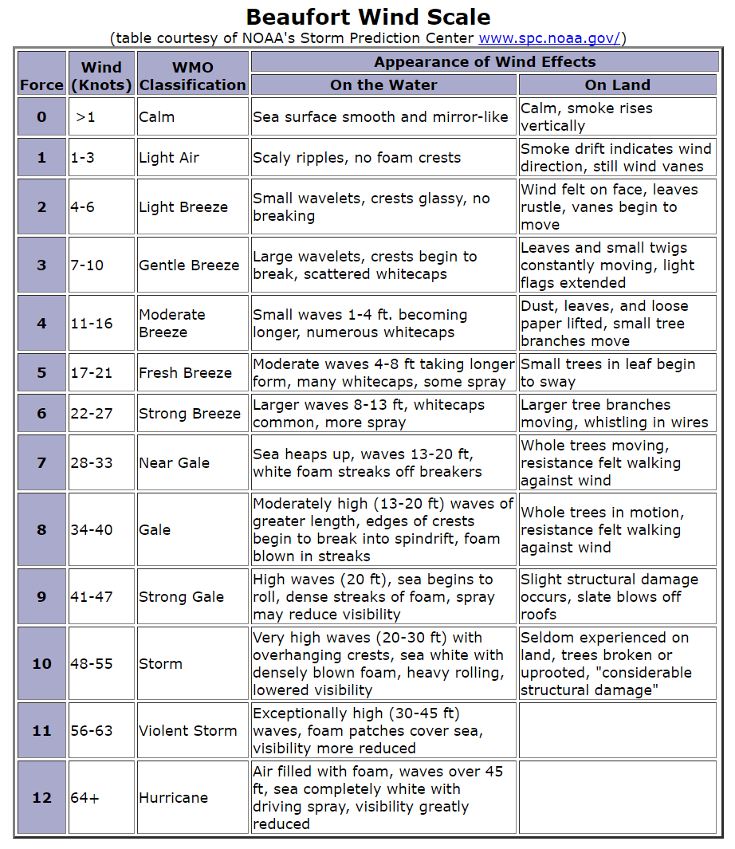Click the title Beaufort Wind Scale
pos(367,17)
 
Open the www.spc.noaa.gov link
pos(549,38)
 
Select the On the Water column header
pos(383,85)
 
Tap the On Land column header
pos(617,85)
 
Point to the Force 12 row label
pos(41,797)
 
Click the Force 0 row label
pos(41,116)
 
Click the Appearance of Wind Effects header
pos(485,62)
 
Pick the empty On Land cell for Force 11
pos(617,730)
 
